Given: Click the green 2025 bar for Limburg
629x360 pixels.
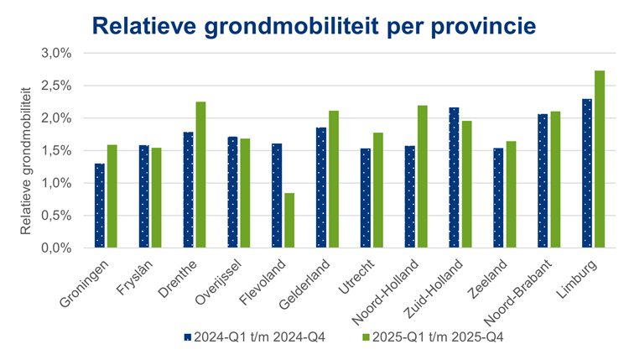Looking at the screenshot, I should pos(599,159).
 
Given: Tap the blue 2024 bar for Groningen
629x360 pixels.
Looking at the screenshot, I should pos(100,206).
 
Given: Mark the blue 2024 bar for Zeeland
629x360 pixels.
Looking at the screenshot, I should pos(498,198).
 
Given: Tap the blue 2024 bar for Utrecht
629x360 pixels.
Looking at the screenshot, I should pos(366,198).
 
